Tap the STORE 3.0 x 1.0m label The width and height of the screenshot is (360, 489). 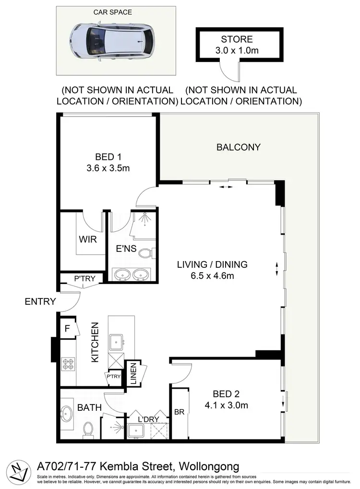point(236,44)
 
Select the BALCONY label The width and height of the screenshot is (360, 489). point(239,147)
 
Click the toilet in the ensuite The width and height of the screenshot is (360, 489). point(148,252)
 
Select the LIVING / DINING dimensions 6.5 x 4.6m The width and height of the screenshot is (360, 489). point(212,275)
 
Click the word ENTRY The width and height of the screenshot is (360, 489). point(40,302)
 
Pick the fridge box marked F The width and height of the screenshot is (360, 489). point(67,329)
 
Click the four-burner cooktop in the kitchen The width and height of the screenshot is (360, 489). point(68,364)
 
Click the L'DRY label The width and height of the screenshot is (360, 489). point(148,418)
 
